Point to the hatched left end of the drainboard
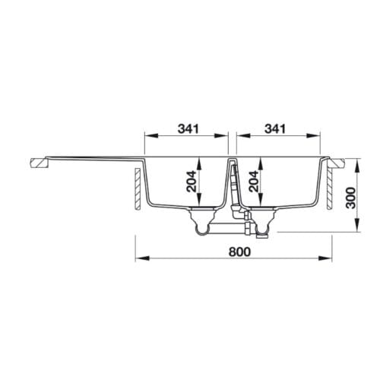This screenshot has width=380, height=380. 36,162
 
